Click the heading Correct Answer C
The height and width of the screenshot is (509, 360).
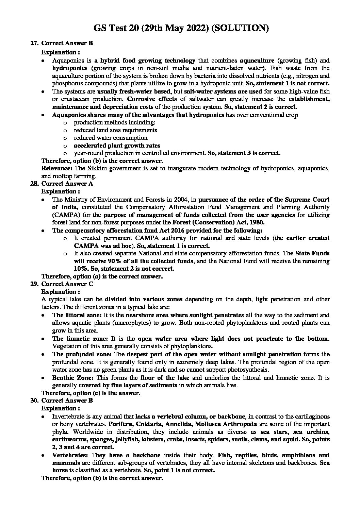pyautogui.click(x=67, y=284)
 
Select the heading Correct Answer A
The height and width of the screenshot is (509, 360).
pyautogui.click(x=67, y=184)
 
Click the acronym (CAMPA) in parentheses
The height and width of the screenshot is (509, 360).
pyautogui.click(x=63, y=215)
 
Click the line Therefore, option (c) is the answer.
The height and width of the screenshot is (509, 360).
pyautogui.click(x=91, y=393)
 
